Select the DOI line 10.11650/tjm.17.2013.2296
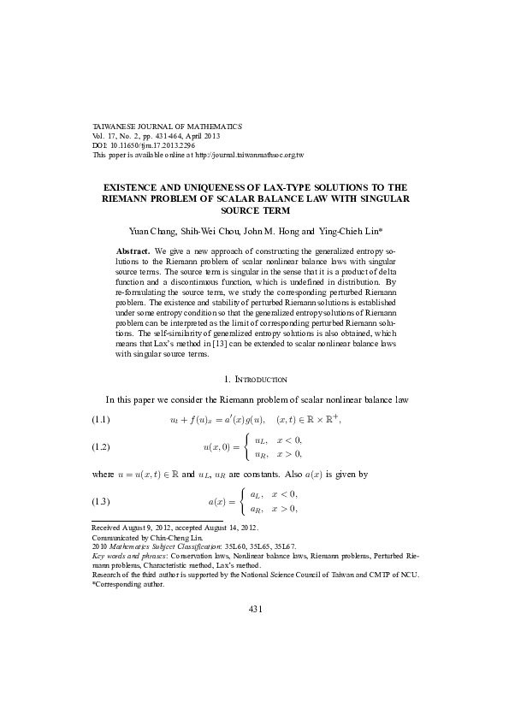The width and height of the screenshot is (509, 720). click(x=149, y=145)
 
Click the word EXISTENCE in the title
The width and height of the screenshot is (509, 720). click(x=135, y=186)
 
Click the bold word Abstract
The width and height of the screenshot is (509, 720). click(x=132, y=251)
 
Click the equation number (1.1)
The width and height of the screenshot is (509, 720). click(x=102, y=419)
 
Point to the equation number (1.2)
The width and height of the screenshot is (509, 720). click(x=102, y=446)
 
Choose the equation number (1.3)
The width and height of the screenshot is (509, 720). click(x=102, y=500)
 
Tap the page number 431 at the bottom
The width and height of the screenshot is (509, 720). click(x=254, y=608)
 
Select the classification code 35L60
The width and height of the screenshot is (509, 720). click(x=228, y=545)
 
